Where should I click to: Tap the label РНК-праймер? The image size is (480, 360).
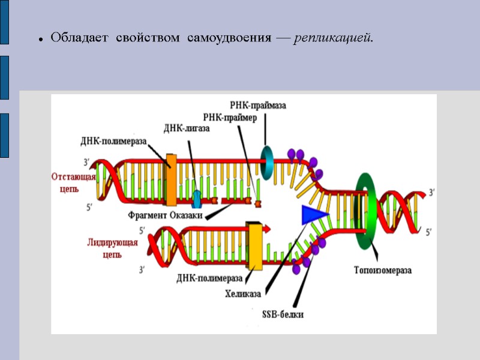[x=230, y=118]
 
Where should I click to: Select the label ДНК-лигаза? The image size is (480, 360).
[x=187, y=127]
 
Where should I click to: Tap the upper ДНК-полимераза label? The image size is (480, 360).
[x=113, y=141]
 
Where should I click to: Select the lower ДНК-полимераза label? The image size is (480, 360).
[x=209, y=278]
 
